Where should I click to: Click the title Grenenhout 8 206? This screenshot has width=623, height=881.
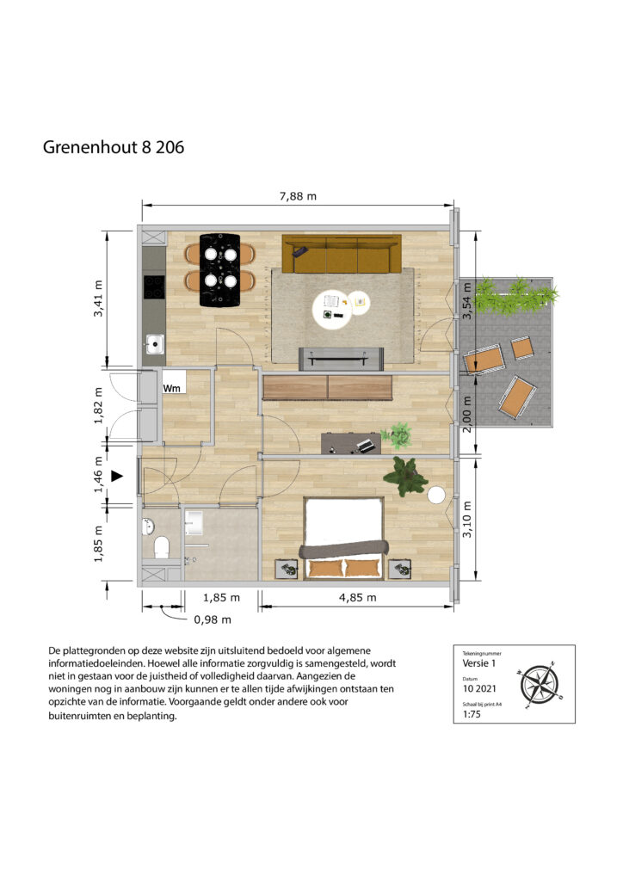tap(114, 147)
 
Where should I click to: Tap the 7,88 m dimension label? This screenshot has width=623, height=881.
tap(298, 196)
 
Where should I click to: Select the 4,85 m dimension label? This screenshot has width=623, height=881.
tap(357, 597)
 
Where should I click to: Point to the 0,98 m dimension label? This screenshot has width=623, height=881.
tap(213, 619)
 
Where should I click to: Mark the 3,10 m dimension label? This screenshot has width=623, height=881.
tap(467, 519)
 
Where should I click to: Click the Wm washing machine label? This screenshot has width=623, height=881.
tap(172, 388)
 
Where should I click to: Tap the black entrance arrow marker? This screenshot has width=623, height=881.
tap(117, 477)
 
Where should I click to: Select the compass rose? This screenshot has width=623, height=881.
tap(540, 685)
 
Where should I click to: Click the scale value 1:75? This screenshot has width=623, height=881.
tap(472, 714)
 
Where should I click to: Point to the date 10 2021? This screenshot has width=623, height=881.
tap(479, 688)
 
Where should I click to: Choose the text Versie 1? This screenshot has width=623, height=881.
tap(479, 663)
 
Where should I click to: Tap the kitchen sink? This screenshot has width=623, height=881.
tap(155, 344)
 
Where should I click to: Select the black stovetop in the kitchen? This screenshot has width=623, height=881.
tap(154, 286)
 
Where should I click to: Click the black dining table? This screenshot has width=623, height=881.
tap(219, 270)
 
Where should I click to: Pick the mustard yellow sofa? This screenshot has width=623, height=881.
tap(342, 254)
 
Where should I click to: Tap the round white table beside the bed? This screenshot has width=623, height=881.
tap(436, 495)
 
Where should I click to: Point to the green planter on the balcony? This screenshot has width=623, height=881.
tap(515, 296)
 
